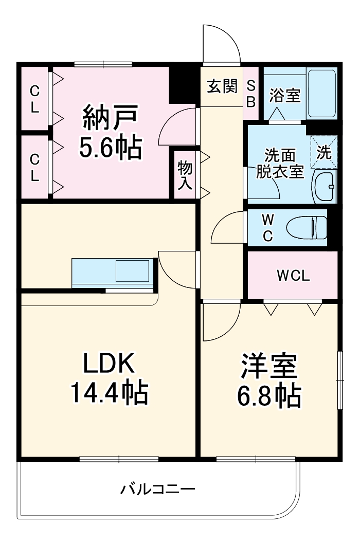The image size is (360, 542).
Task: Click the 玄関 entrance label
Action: click(x=222, y=86)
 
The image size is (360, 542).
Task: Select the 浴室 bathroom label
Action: click(x=284, y=95)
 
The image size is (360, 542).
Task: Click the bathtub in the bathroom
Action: click(x=322, y=93)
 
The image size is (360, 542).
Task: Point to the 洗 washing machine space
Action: click(x=324, y=152)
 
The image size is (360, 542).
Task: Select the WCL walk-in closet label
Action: click(x=293, y=276)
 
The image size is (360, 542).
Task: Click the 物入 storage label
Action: click(x=185, y=175)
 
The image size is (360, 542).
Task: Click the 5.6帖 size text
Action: click(x=110, y=148)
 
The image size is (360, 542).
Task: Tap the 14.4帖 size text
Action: click(x=109, y=393)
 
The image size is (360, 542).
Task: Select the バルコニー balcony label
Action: click(x=158, y=489)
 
